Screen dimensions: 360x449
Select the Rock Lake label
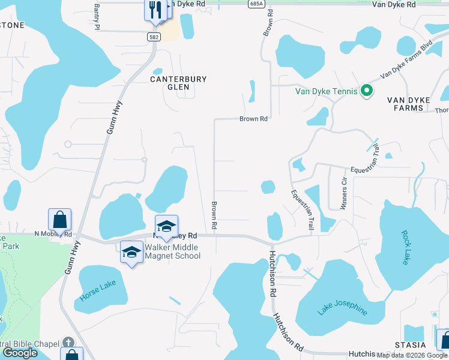tap(405, 247)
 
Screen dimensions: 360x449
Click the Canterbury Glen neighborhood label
tap(170, 83)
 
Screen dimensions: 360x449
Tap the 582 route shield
tap(154, 37)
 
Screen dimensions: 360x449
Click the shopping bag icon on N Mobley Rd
tap(60, 219)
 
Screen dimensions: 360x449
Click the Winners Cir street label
tap(344, 193)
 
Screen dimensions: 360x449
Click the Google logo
tap(20, 353)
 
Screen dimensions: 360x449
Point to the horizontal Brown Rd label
tap(253, 119)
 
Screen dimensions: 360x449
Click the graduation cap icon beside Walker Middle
tap(131, 252)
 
